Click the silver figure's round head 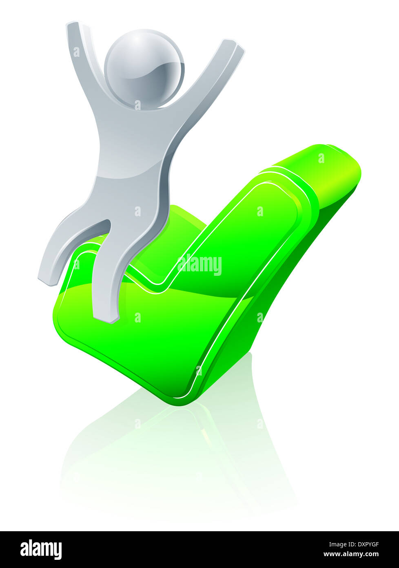tap(144, 70)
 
